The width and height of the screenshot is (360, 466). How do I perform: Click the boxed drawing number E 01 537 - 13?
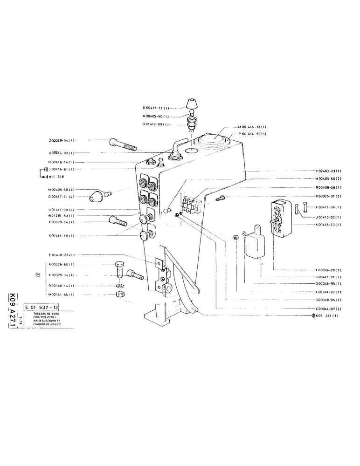click(x=43, y=308)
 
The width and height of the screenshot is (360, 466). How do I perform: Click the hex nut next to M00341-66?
click(x=119, y=295)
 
